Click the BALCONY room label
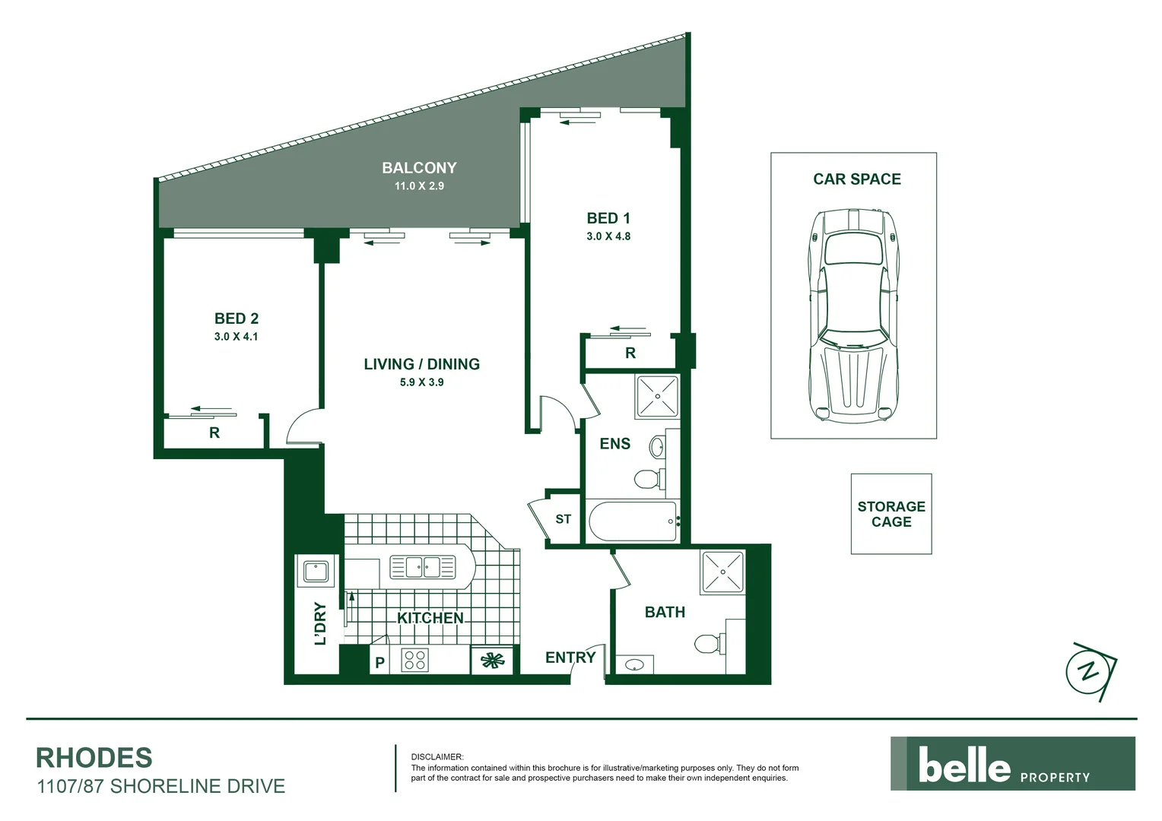click(419, 168)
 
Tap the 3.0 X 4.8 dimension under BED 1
click(608, 236)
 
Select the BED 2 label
click(236, 319)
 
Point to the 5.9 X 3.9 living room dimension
click(421, 382)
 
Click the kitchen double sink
click(422, 567)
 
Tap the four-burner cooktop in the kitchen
click(414, 659)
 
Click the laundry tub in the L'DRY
click(316, 571)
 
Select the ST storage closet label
click(563, 519)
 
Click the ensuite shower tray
click(656, 396)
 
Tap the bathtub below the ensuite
click(633, 521)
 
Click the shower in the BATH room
click(722, 572)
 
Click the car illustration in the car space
click(852, 315)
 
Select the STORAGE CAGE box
click(891, 514)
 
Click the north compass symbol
click(1091, 672)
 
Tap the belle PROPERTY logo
click(1012, 764)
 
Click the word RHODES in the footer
click(94, 758)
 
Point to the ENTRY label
click(570, 658)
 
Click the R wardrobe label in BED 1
click(630, 353)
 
